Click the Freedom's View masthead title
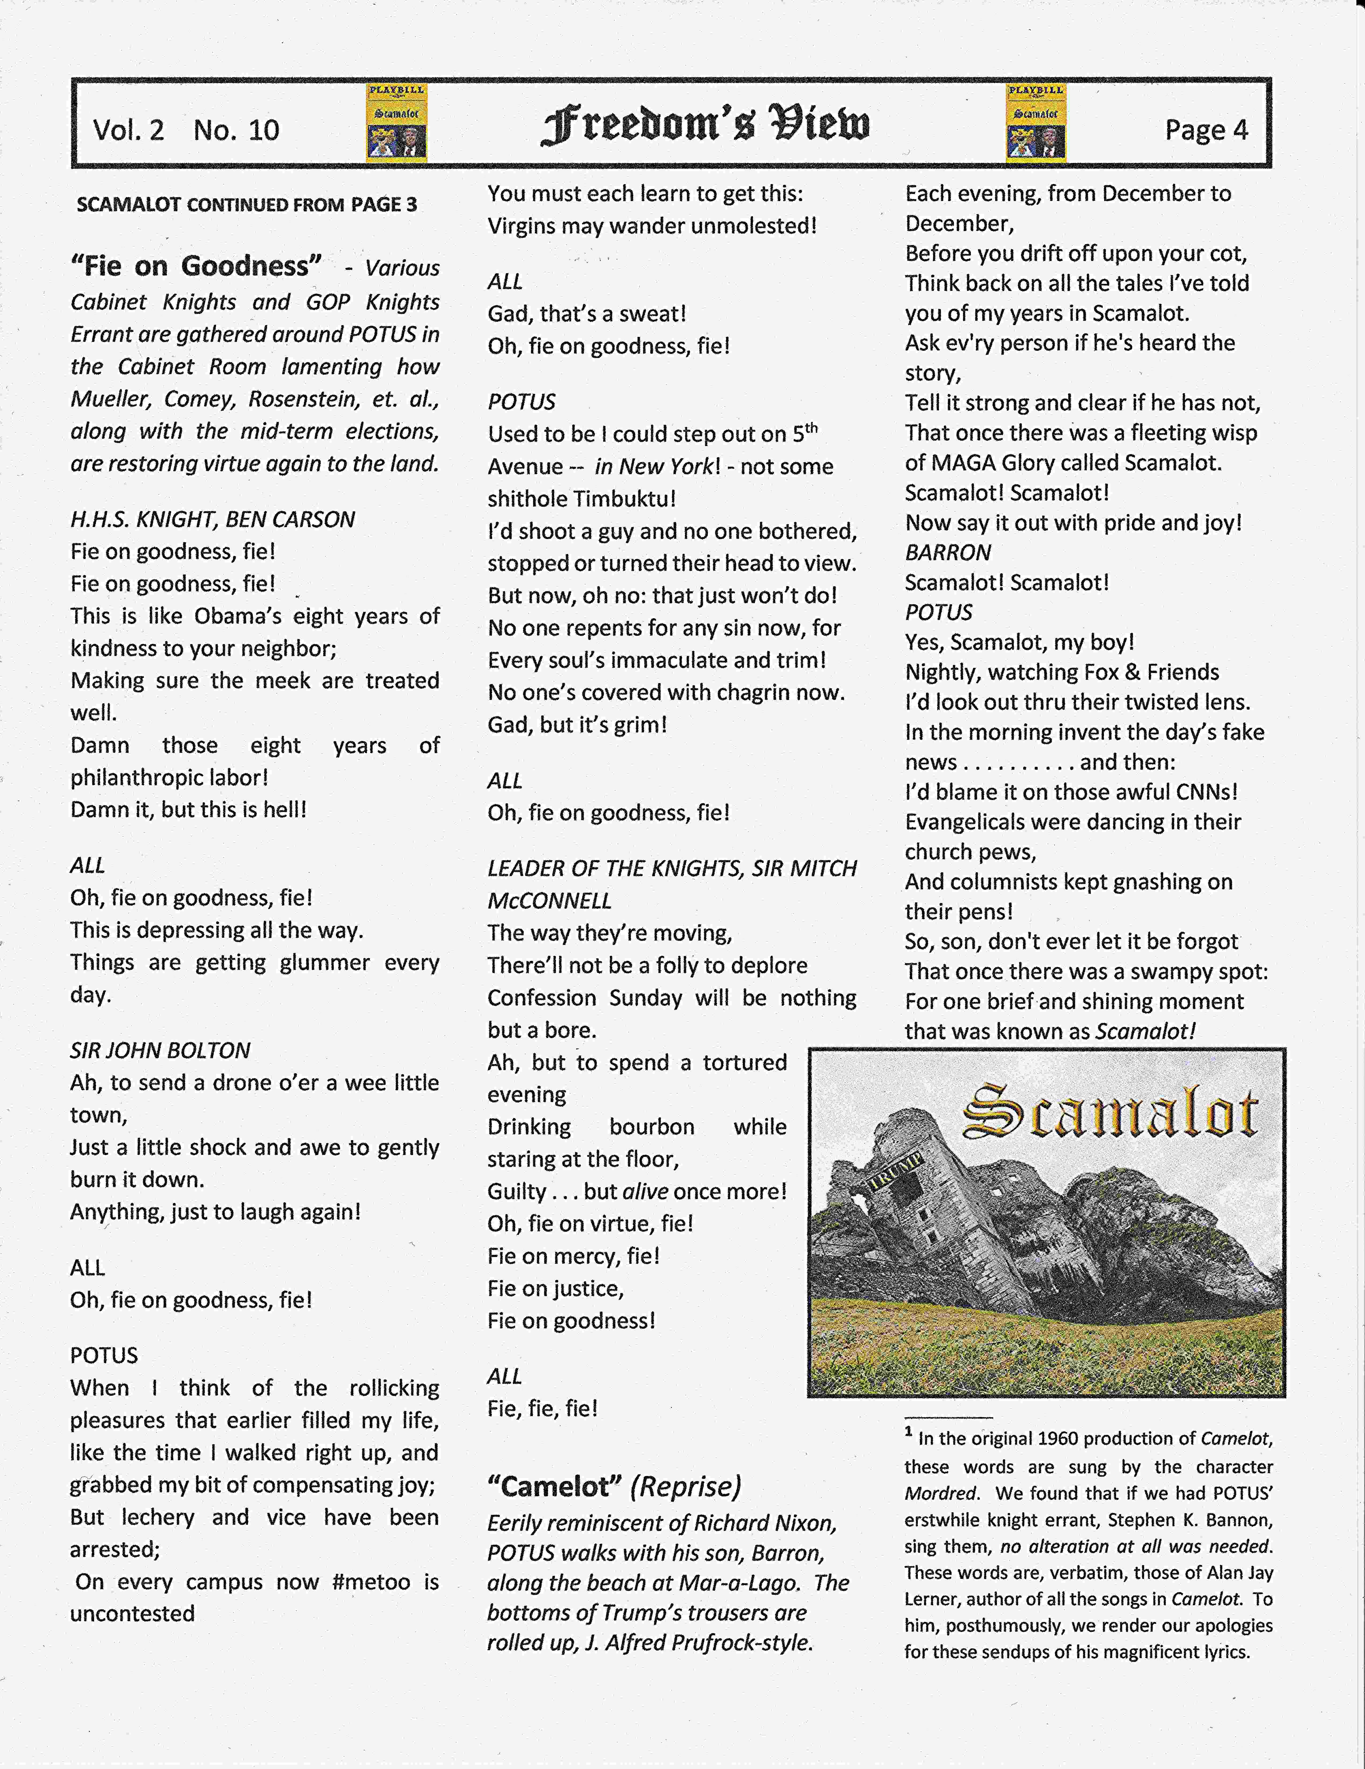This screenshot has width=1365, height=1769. tap(705, 125)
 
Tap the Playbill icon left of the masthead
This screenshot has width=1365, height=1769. tap(397, 123)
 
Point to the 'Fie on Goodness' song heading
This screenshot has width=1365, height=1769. tap(196, 266)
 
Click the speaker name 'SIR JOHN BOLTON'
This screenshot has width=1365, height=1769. tap(160, 1051)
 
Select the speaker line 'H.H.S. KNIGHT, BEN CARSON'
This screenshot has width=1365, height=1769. tap(212, 519)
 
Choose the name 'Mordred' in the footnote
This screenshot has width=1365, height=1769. tap(940, 1493)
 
